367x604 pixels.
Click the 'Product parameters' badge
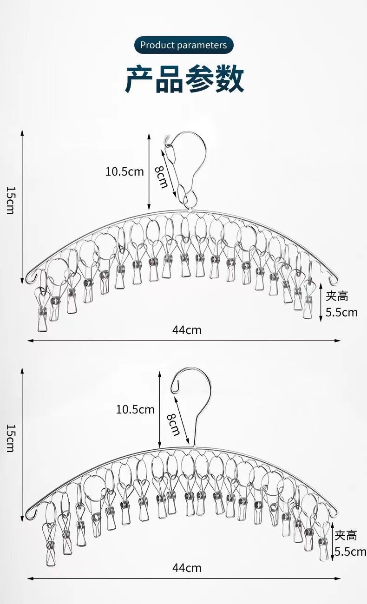point(183,45)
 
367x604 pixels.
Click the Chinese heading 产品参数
point(184,79)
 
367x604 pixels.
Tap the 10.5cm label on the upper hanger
point(125,171)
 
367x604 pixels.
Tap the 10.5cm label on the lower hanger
point(135,409)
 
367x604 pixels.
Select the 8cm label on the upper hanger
point(161,177)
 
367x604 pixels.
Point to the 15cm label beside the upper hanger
point(10,200)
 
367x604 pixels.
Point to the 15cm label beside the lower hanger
point(10,438)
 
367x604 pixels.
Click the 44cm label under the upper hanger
point(187,330)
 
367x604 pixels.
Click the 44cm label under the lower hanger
point(187,567)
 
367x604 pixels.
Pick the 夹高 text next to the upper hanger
point(337,296)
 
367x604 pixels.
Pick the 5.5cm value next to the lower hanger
point(350,551)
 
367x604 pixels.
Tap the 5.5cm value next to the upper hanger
point(341,312)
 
